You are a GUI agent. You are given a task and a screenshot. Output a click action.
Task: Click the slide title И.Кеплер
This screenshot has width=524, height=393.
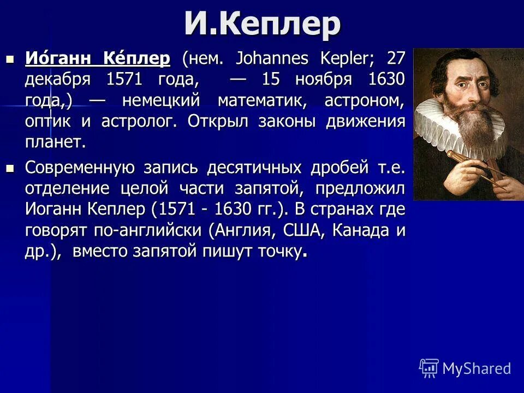pos(262,25)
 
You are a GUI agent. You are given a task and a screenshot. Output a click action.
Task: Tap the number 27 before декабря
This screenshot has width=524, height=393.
pos(396,58)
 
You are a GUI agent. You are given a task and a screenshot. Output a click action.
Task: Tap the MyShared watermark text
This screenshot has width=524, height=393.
pos(476,368)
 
